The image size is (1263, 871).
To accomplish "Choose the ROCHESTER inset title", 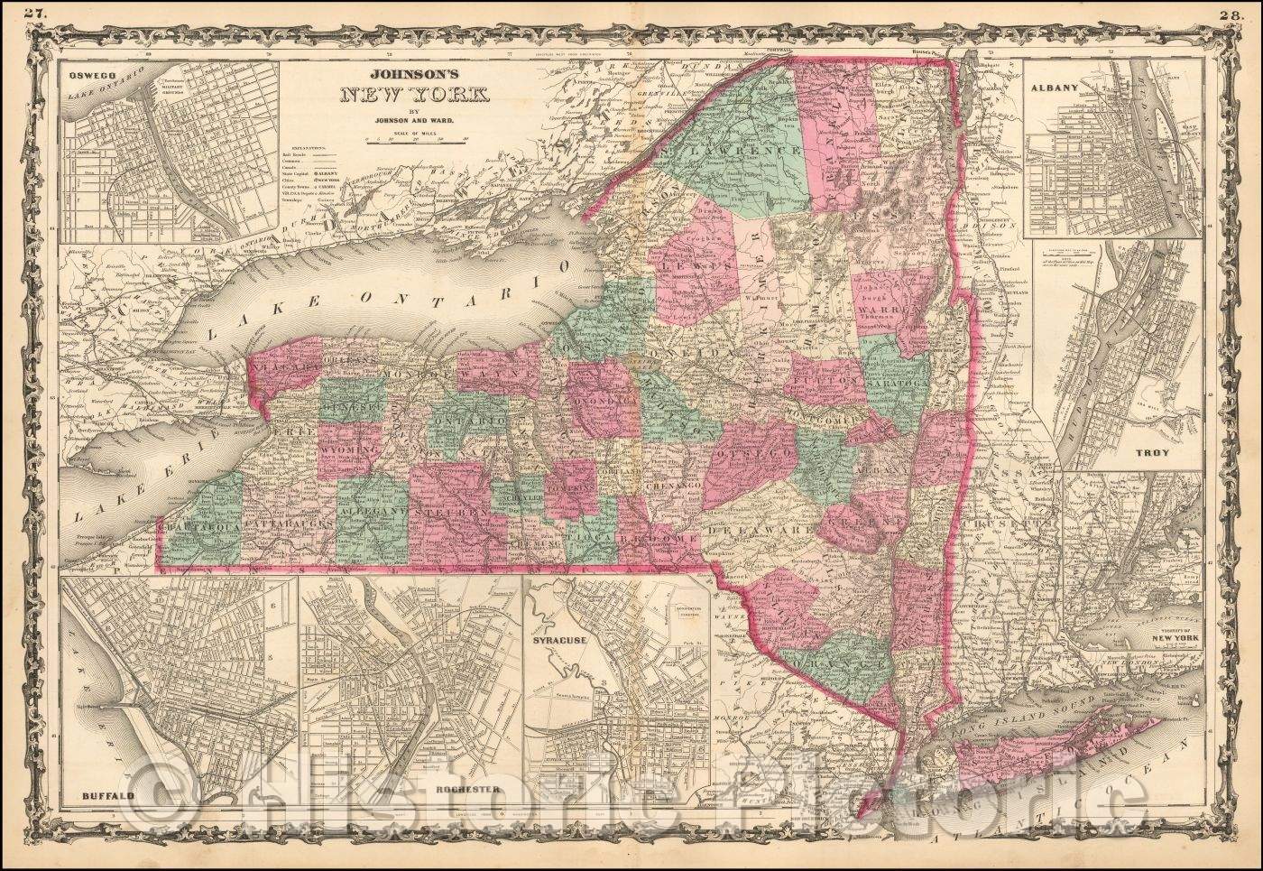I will tap(466, 789).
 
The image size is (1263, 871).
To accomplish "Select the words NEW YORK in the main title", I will tap(410, 95).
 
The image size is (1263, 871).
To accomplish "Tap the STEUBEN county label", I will tap(452, 511).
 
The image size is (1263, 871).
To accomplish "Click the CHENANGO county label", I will tap(675, 486).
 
